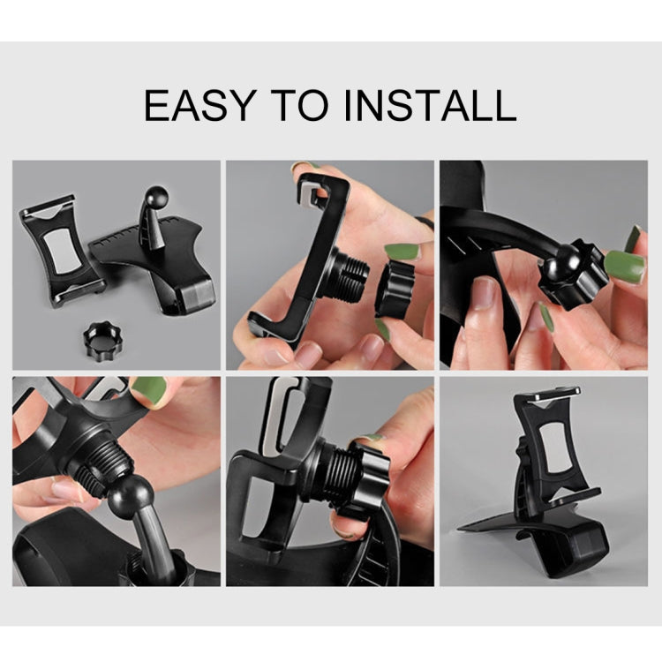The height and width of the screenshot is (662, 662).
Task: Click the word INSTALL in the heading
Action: pos(431,105)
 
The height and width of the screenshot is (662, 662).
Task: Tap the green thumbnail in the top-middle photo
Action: pos(402,252)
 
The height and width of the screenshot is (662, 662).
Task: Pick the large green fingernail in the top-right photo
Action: pos(625,267)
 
